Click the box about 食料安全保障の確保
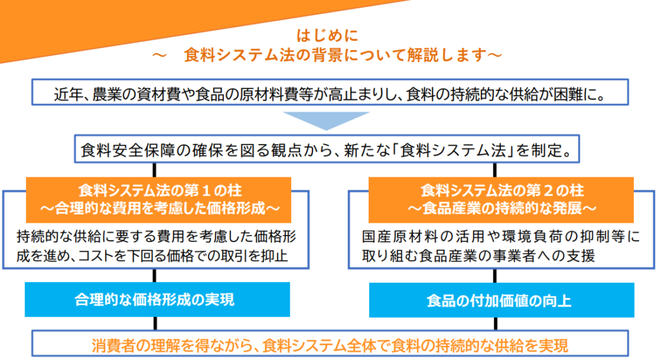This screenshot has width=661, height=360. tap(325, 151)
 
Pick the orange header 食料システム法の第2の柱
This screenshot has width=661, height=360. tap(501, 191)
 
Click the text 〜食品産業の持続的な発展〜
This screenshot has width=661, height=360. tap(501, 208)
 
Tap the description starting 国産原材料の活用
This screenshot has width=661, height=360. tap(501, 246)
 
